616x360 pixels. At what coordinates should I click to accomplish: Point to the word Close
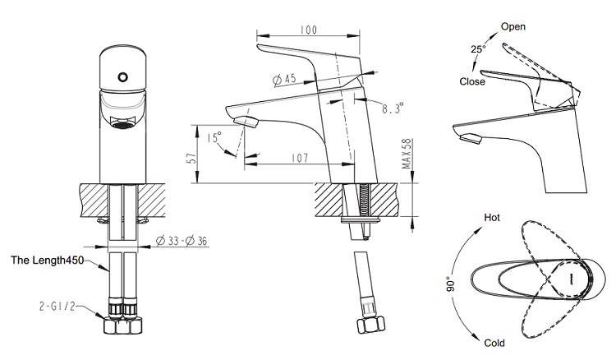(472, 82)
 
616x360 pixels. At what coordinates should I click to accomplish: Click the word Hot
(492, 218)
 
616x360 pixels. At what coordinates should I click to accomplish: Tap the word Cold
(494, 343)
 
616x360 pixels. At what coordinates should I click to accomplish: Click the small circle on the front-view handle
(123, 78)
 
